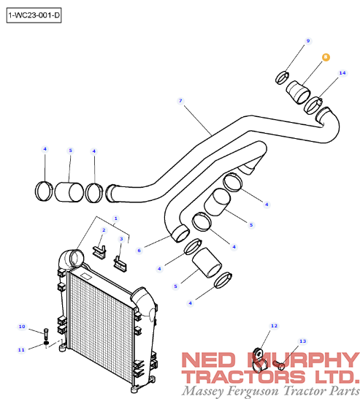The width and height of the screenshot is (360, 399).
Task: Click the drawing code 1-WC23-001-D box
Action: pyautogui.click(x=34, y=15)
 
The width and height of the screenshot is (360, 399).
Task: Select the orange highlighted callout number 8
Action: pyautogui.click(x=326, y=57)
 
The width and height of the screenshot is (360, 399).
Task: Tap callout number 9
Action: pyautogui.click(x=308, y=41)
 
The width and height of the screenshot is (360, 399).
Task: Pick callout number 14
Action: pyautogui.click(x=342, y=73)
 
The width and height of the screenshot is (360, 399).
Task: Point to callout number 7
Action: pyautogui.click(x=180, y=101)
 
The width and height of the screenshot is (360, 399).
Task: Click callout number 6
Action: pyautogui.click(x=139, y=251)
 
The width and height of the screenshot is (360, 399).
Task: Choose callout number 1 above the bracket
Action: pyautogui.click(x=115, y=218)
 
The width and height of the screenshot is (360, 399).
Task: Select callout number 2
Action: pyautogui.click(x=104, y=230)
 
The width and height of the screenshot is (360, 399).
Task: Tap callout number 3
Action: pyautogui.click(x=121, y=239)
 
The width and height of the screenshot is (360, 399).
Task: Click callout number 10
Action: pyautogui.click(x=22, y=327)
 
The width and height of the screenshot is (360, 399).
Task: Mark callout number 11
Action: pyautogui.click(x=21, y=350)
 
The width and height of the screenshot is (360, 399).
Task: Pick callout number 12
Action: pyautogui.click(x=274, y=326)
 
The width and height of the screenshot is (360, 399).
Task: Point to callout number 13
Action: pyautogui.click(x=302, y=341)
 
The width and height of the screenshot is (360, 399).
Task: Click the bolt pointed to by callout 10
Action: pyautogui.click(x=46, y=334)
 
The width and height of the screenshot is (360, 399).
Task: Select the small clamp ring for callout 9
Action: pyautogui.click(x=282, y=77)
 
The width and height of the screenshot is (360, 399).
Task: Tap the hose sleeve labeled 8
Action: pyautogui.click(x=298, y=92)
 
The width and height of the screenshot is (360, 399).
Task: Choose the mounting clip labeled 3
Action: pyautogui.click(x=120, y=264)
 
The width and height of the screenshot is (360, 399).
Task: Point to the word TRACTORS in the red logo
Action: pyautogui.click(x=244, y=377)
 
